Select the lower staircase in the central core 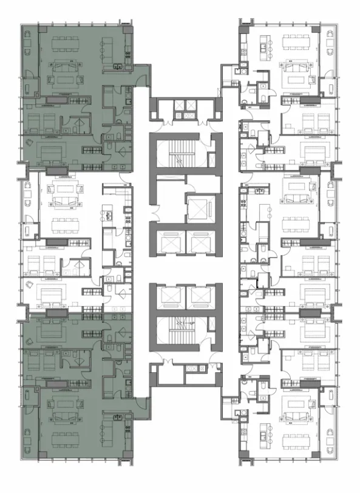coord(180,336)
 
